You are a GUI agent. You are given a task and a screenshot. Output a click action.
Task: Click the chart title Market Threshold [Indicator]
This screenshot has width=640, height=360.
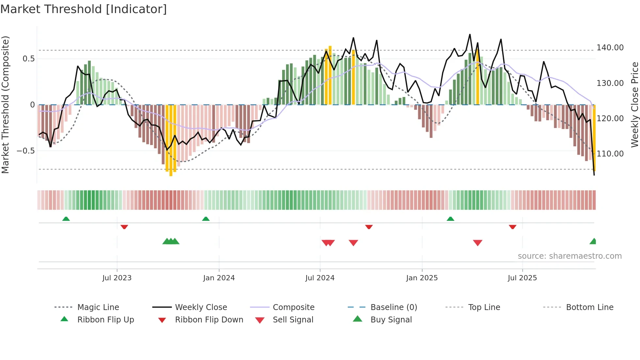(84, 9)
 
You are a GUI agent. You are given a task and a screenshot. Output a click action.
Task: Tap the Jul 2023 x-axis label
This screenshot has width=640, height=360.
(117, 278)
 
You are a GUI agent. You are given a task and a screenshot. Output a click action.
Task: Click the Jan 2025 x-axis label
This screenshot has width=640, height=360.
(422, 278)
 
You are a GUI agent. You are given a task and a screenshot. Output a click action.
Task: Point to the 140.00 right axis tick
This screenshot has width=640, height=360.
(610, 48)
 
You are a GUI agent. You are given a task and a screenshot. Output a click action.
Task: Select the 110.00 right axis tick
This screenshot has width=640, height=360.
(610, 154)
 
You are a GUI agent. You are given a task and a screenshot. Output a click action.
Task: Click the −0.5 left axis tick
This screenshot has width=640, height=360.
(25, 151)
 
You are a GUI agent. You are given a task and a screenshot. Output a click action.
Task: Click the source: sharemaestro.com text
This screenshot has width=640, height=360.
(569, 256)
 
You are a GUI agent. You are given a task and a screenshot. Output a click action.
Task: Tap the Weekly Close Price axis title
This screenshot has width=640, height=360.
(634, 105)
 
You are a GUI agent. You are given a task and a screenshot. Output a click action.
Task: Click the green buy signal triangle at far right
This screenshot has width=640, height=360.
(593, 241)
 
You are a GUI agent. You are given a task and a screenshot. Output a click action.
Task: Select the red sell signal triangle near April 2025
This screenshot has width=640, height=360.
(477, 243)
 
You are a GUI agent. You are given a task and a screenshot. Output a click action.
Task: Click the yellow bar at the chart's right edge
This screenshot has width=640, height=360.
(594, 137)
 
